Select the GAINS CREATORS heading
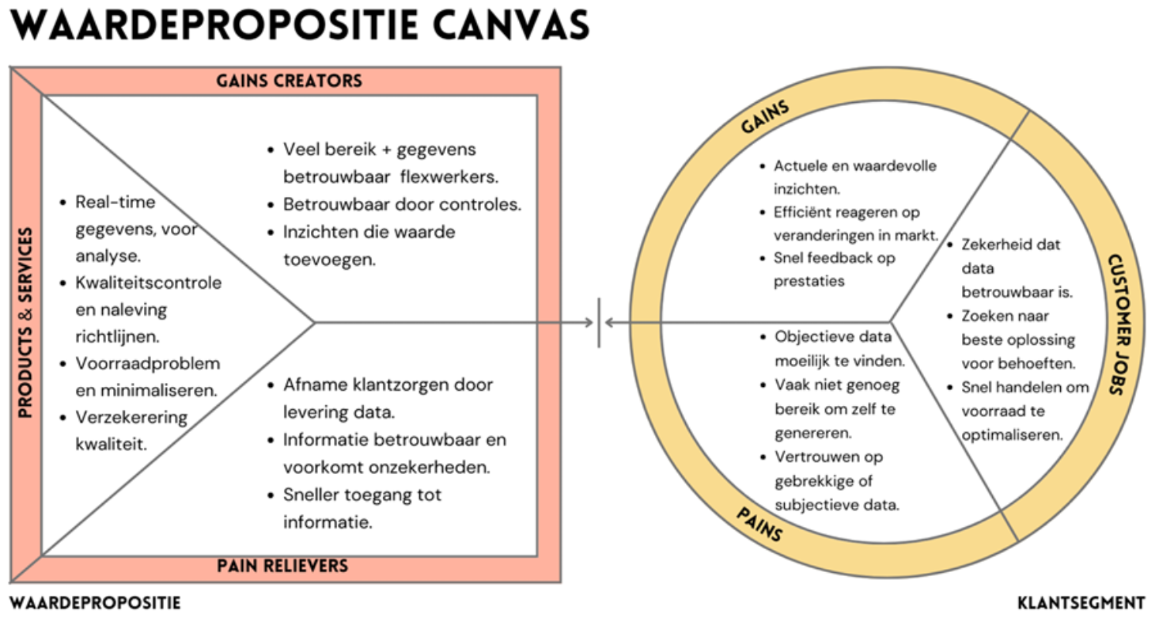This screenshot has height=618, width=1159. point(289,81)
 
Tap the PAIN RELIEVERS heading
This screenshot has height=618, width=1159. point(282,566)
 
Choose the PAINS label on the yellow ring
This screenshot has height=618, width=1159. point(759,525)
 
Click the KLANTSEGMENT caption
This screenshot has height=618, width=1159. point(1081,603)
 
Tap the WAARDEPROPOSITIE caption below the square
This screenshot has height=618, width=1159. point(95,603)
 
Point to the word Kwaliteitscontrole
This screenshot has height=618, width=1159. point(149,283)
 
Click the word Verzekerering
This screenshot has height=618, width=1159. point(131,417)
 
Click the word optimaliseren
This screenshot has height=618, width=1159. point(1012,435)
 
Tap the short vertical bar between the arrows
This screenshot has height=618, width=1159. point(599,322)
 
